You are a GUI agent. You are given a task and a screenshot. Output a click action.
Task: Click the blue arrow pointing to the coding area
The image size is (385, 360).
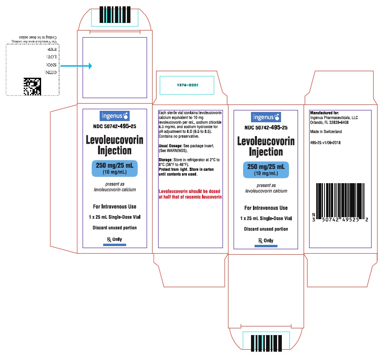(x=76, y=66)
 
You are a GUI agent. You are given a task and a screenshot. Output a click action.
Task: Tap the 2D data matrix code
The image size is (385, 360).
(x=32, y=87)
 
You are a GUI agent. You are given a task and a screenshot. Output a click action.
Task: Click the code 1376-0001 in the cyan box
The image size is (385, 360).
(x=188, y=85)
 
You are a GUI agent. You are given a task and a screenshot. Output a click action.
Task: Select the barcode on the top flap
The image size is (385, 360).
(x=115, y=15)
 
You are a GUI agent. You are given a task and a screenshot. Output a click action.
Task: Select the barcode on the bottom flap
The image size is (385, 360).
(x=266, y=343)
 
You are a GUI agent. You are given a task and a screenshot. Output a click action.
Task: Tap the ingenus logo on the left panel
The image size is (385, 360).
(x=114, y=116)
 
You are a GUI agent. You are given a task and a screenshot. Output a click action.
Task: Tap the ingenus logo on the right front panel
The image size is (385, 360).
(x=266, y=117)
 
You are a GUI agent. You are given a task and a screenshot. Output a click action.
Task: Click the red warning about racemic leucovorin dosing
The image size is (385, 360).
(x=190, y=194)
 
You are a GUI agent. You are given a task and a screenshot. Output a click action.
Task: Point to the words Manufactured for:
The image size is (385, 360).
(x=325, y=113)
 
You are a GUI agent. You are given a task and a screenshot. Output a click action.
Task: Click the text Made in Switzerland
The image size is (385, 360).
(x=326, y=132)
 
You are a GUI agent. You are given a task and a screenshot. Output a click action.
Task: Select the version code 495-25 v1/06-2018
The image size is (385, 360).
(x=325, y=142)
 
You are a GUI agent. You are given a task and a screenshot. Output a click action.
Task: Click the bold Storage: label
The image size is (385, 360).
(x=166, y=160)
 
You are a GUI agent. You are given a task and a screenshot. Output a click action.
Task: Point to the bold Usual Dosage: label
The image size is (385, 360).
(x=170, y=146)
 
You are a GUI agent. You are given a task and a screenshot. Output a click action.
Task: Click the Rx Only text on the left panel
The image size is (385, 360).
(x=114, y=239)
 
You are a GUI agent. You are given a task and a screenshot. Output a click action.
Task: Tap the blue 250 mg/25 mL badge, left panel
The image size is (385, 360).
(x=115, y=168)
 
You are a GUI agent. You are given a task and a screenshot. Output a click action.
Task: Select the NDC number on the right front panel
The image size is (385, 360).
(x=266, y=127)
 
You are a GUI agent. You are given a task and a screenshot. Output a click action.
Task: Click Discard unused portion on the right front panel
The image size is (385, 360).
(x=266, y=229)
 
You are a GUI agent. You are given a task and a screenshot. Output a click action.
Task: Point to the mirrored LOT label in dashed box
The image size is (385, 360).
(x=52, y=57)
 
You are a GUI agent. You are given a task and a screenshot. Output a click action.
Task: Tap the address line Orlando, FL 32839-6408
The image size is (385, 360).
(x=329, y=122)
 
